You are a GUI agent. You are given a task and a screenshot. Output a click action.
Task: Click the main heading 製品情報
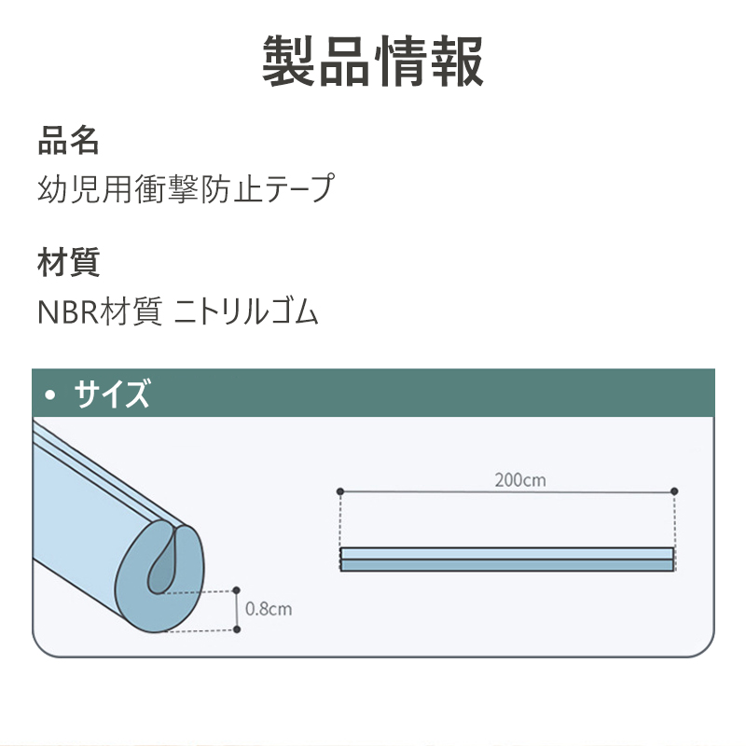pyautogui.click(x=373, y=62)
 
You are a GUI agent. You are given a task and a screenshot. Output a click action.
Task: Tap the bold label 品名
pyautogui.click(x=68, y=141)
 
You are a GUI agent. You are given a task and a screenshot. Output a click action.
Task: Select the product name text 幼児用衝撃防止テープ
pyautogui.click(x=185, y=189)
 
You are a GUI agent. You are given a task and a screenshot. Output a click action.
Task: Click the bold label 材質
pyautogui.click(x=68, y=262)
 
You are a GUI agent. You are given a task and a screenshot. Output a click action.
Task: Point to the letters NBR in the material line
pyautogui.click(x=64, y=312)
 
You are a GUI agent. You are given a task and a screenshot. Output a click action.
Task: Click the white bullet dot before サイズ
pyautogui.click(x=52, y=395)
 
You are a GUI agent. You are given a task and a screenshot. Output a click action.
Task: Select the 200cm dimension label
pyautogui.click(x=520, y=480)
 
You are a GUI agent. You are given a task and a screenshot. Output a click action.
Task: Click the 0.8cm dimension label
pyautogui.click(x=269, y=609)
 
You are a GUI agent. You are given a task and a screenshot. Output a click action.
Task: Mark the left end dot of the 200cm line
pyautogui.click(x=340, y=490)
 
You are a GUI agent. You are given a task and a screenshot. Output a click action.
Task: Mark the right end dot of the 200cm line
pyautogui.click(x=674, y=490)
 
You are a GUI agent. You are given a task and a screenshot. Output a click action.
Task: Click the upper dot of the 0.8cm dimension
pyautogui.click(x=236, y=590)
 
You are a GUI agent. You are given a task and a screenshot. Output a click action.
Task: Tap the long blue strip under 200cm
pyautogui.click(x=506, y=559)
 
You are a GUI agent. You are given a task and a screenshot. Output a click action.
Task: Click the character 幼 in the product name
pyautogui.click(x=51, y=189)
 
